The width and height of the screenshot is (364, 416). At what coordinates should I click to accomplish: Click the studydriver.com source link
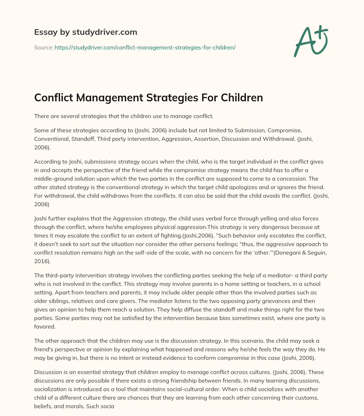point(145,47)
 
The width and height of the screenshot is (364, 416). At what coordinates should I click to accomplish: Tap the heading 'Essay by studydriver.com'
point(86,32)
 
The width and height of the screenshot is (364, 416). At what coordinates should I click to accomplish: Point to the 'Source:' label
point(43,47)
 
